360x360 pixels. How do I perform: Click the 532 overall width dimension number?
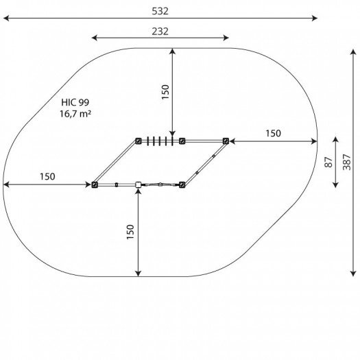point(160,11)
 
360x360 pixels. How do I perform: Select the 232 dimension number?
point(160,32)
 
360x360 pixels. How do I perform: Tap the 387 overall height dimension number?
point(347,162)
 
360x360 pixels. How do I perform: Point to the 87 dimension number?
point(328,162)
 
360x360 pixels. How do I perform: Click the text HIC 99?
point(75,102)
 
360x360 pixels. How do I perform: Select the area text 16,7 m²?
point(75,114)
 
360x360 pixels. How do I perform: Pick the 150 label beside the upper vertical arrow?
point(165,92)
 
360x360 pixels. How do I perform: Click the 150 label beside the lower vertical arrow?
point(130,232)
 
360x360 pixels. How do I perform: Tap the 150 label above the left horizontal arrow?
point(47,176)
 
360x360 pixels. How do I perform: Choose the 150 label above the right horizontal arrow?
point(273,134)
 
